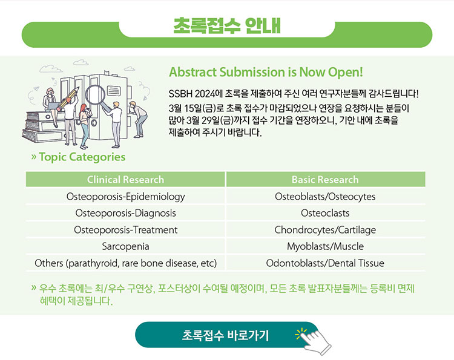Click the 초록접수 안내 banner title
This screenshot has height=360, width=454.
(227, 26)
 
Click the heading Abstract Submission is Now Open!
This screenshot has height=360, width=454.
(266, 73)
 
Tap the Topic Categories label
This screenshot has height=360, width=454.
(82, 157)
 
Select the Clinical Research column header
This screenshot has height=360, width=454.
(125, 180)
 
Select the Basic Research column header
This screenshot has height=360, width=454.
(326, 180)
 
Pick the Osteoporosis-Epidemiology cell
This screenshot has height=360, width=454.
(125, 197)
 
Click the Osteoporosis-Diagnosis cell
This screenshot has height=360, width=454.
(125, 213)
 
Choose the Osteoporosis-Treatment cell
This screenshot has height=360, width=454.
(125, 230)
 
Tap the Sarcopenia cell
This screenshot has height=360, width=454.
(125, 247)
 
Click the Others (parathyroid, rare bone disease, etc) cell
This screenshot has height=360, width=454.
(125, 263)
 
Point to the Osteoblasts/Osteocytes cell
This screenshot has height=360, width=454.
(326, 197)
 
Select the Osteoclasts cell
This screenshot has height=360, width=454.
(326, 213)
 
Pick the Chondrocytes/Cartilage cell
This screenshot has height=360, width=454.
(326, 230)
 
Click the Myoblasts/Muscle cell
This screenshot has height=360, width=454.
(326, 247)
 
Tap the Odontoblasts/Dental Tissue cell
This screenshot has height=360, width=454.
(326, 263)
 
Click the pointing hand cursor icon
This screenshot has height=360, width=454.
(315, 341)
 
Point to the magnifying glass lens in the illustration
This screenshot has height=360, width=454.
(95, 96)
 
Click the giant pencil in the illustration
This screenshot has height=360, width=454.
(68, 99)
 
